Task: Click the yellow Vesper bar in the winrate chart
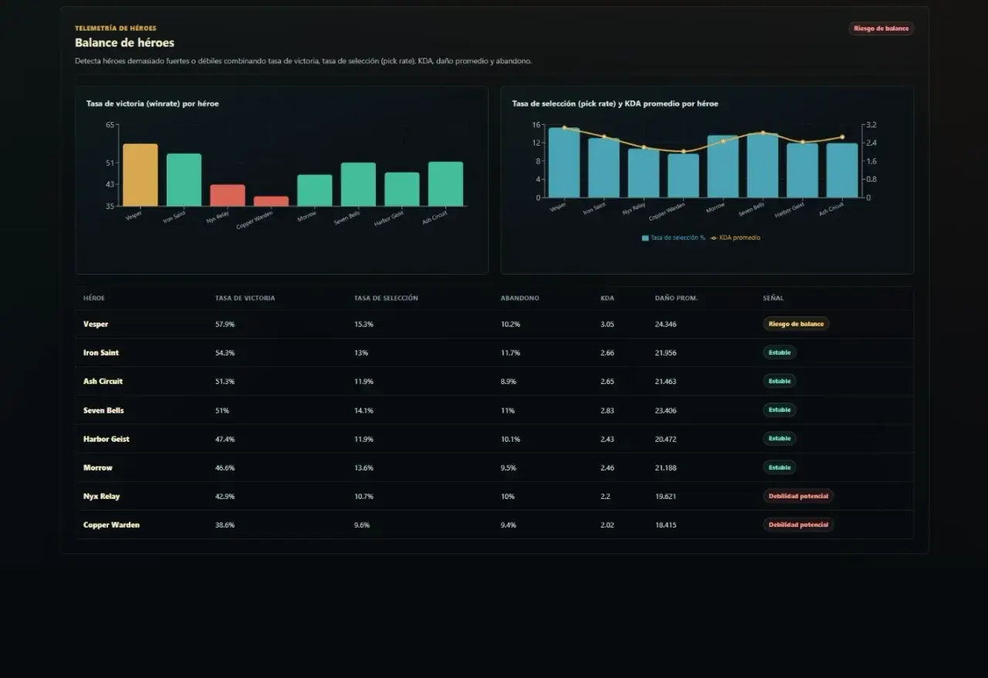pyautogui.click(x=140, y=174)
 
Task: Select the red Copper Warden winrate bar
pyautogui.click(x=271, y=201)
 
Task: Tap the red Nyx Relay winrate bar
pyautogui.click(x=227, y=195)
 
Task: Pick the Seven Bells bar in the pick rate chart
pyautogui.click(x=763, y=165)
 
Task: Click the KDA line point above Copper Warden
pyautogui.click(x=684, y=151)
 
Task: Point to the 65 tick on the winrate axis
pyautogui.click(x=110, y=125)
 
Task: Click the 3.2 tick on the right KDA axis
pyautogui.click(x=871, y=125)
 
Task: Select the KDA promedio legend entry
pyautogui.click(x=736, y=238)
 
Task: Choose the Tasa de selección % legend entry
pyautogui.click(x=673, y=238)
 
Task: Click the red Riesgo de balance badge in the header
pyautogui.click(x=881, y=29)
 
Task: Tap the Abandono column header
pyautogui.click(x=519, y=298)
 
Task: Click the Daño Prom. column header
pyautogui.click(x=676, y=298)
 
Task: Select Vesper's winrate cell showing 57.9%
pyautogui.click(x=225, y=324)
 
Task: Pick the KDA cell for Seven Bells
pyautogui.click(x=607, y=410)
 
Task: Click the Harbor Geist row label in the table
pyautogui.click(x=107, y=439)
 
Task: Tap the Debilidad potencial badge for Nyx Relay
pyautogui.click(x=798, y=496)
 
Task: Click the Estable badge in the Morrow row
pyautogui.click(x=780, y=467)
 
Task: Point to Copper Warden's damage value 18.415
pyautogui.click(x=665, y=525)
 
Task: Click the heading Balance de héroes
pyautogui.click(x=124, y=42)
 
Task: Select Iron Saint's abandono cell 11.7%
pyautogui.click(x=510, y=352)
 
